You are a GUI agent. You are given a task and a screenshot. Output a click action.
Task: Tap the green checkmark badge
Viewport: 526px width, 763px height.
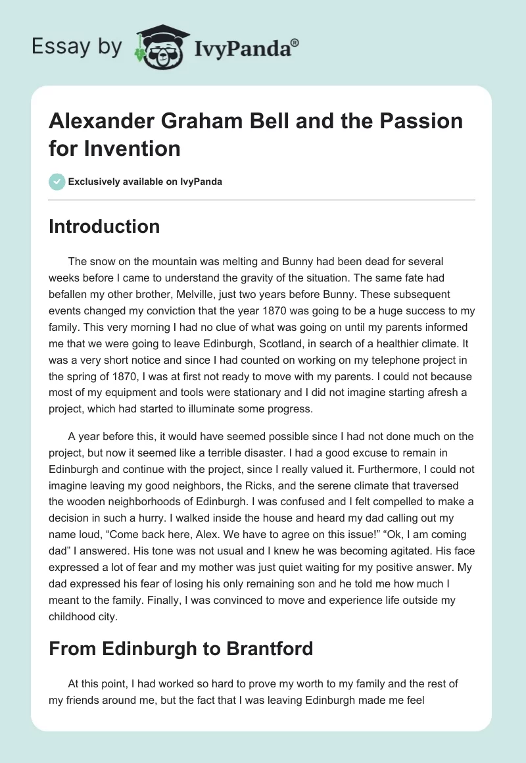point(57,182)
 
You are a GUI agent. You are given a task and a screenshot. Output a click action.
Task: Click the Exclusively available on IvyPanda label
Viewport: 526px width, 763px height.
point(145,182)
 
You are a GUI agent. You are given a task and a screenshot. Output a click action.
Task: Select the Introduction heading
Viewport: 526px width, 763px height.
point(105,226)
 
